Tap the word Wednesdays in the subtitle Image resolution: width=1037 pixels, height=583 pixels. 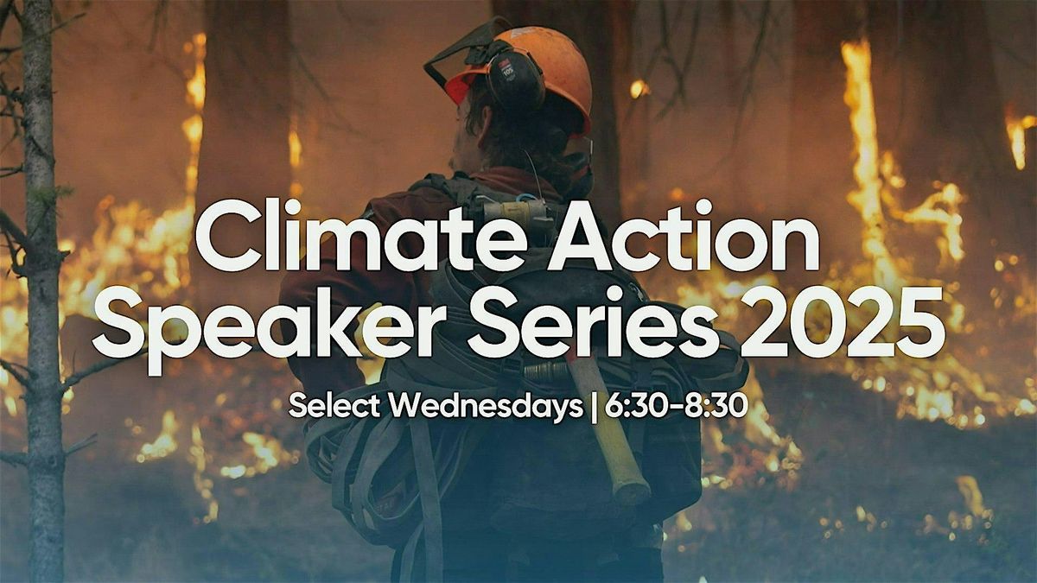pyautogui.click(x=487, y=405)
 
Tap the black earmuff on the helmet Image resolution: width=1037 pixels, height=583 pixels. pyautogui.click(x=515, y=80)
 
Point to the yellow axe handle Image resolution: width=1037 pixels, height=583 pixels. pyautogui.click(x=609, y=432)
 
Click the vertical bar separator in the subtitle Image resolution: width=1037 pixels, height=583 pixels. pyautogui.click(x=594, y=405)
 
